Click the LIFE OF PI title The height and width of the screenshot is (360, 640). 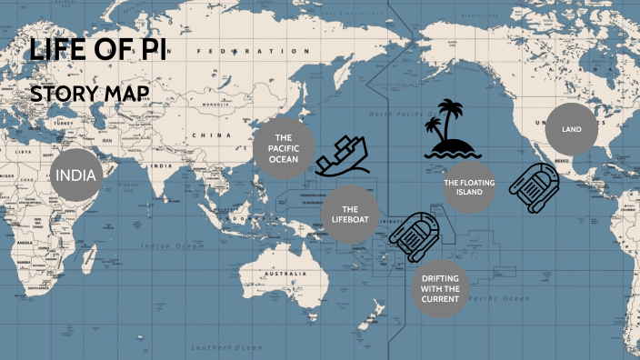(x=97, y=49)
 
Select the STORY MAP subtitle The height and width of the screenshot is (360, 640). (x=89, y=94)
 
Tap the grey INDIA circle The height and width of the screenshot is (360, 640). (x=76, y=175)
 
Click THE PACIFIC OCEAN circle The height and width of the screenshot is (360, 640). (x=283, y=147)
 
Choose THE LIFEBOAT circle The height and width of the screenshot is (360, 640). (x=350, y=215)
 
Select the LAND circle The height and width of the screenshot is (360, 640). (x=571, y=130)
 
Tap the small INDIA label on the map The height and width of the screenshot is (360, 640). (x=162, y=165)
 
